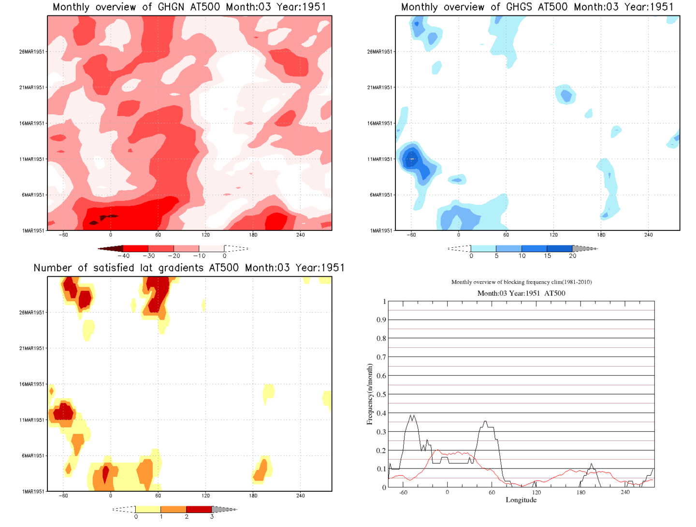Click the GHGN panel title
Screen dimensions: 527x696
tap(189, 7)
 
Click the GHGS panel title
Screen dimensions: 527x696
tap(537, 7)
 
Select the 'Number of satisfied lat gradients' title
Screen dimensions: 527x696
tap(189, 268)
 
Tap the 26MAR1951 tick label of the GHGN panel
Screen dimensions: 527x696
tap(32, 52)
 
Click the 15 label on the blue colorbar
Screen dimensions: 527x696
tap(547, 256)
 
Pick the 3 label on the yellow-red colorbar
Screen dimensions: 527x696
tap(212, 517)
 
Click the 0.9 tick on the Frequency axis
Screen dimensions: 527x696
tap(381, 320)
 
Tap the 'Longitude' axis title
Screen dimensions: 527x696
tap(521, 500)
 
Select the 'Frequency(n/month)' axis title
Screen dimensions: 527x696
tap(370, 395)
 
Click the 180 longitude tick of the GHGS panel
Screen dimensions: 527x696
tap(601, 235)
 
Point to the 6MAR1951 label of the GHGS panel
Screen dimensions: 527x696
tap(381, 195)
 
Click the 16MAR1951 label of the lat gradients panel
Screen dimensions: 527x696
tap(32, 385)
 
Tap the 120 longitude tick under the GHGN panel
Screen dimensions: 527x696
tap(205, 235)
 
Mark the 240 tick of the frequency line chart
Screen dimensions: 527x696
tap(625, 492)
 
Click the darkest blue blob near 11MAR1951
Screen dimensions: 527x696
tap(411, 158)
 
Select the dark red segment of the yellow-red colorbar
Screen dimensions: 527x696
tap(199, 509)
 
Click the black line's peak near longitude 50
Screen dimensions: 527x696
tap(485, 422)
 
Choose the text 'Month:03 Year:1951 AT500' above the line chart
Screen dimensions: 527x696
tap(521, 293)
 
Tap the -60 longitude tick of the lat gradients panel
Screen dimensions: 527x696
tap(63, 496)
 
